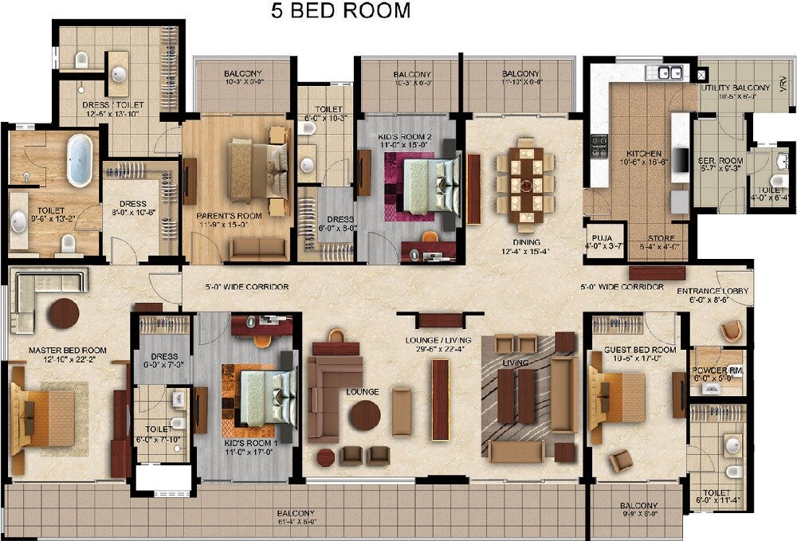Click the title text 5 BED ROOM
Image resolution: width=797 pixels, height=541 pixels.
coord(340,11)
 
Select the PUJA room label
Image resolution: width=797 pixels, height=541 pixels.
coord(598,237)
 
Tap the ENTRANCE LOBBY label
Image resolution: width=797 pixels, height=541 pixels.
coord(713,292)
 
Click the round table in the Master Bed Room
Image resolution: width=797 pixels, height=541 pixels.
coord(63,313)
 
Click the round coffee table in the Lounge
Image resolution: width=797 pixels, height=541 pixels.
coord(365,415)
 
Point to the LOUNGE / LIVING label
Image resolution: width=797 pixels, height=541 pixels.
coord(438,340)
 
